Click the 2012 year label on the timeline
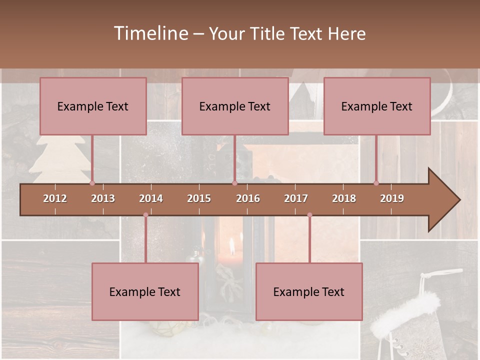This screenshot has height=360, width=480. tap(55, 198)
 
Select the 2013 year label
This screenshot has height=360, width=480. tap(103, 198)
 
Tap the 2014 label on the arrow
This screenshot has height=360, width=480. tap(151, 198)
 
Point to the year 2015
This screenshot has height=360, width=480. tap(199, 198)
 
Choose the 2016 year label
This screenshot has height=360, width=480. tap(248, 198)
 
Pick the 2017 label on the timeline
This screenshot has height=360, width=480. tap(296, 198)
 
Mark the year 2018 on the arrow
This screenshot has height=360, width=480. tap(344, 198)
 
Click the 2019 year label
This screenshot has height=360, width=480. tap(392, 198)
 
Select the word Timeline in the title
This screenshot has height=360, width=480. tap(150, 33)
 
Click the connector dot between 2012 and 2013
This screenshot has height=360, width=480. tap(92, 183)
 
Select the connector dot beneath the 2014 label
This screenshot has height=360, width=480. tap(145, 215)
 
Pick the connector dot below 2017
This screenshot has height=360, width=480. tap(309, 215)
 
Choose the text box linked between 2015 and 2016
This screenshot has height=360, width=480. tap(235, 106)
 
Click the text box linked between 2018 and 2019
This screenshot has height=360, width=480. tap(377, 106)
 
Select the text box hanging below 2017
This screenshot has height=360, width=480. tap(309, 291)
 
